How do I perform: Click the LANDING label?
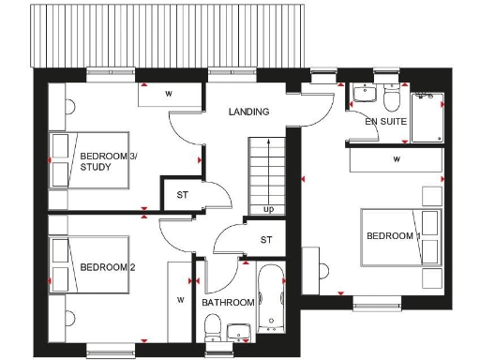click(249, 112)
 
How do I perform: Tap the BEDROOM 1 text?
click(393, 235)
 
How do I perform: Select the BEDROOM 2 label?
click(108, 267)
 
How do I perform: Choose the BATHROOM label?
click(228, 303)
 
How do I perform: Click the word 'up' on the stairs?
click(269, 208)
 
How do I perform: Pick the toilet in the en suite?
click(391, 96)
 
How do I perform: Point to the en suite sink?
click(363, 95)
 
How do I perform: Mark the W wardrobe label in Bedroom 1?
click(397, 159)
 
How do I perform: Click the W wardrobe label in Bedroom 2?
click(179, 301)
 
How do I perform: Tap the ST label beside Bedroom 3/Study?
click(181, 195)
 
